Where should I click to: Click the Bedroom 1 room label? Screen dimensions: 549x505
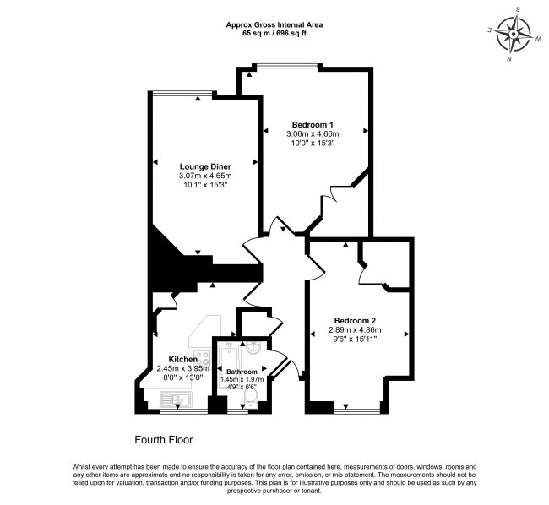pos(313,125)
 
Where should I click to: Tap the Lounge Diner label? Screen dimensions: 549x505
pos(205,166)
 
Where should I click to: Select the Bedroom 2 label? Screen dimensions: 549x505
pos(355,321)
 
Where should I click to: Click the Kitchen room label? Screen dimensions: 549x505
pos(182,360)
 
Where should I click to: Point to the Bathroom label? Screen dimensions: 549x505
pos(242,372)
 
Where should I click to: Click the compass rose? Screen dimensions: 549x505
pos(514,35)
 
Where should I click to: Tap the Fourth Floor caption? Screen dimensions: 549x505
pos(164,440)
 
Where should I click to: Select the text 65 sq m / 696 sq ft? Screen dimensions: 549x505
pos(274,34)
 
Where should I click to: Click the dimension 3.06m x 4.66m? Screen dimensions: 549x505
pos(313,133)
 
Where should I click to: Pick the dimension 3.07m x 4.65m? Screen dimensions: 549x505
pos(205,176)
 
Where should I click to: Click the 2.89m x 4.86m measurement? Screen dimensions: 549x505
pos(355,329)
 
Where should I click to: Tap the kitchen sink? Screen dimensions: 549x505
pos(176,399)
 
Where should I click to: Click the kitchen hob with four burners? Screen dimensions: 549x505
pos(201,358)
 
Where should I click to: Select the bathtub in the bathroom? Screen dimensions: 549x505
pos(228,368)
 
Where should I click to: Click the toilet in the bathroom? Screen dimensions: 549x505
pos(250,399)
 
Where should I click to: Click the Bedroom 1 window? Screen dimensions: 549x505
pos(287,66)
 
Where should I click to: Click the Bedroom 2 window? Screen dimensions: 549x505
pos(356,410)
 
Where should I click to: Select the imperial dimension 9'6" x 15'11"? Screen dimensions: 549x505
pos(355,339)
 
